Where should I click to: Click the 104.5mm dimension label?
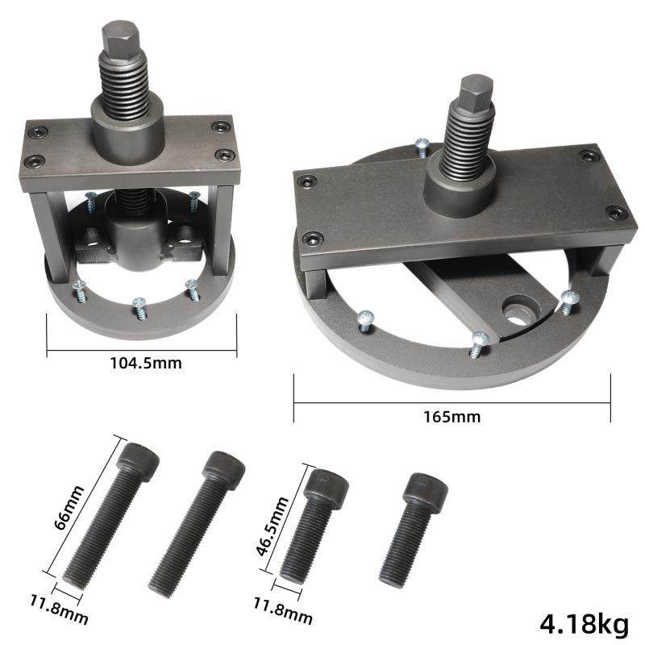145,363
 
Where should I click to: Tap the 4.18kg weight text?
585,622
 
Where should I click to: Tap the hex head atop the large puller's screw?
475,91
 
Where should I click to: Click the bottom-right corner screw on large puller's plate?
617,213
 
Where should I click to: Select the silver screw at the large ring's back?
420,145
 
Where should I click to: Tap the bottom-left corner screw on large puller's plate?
313,238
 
